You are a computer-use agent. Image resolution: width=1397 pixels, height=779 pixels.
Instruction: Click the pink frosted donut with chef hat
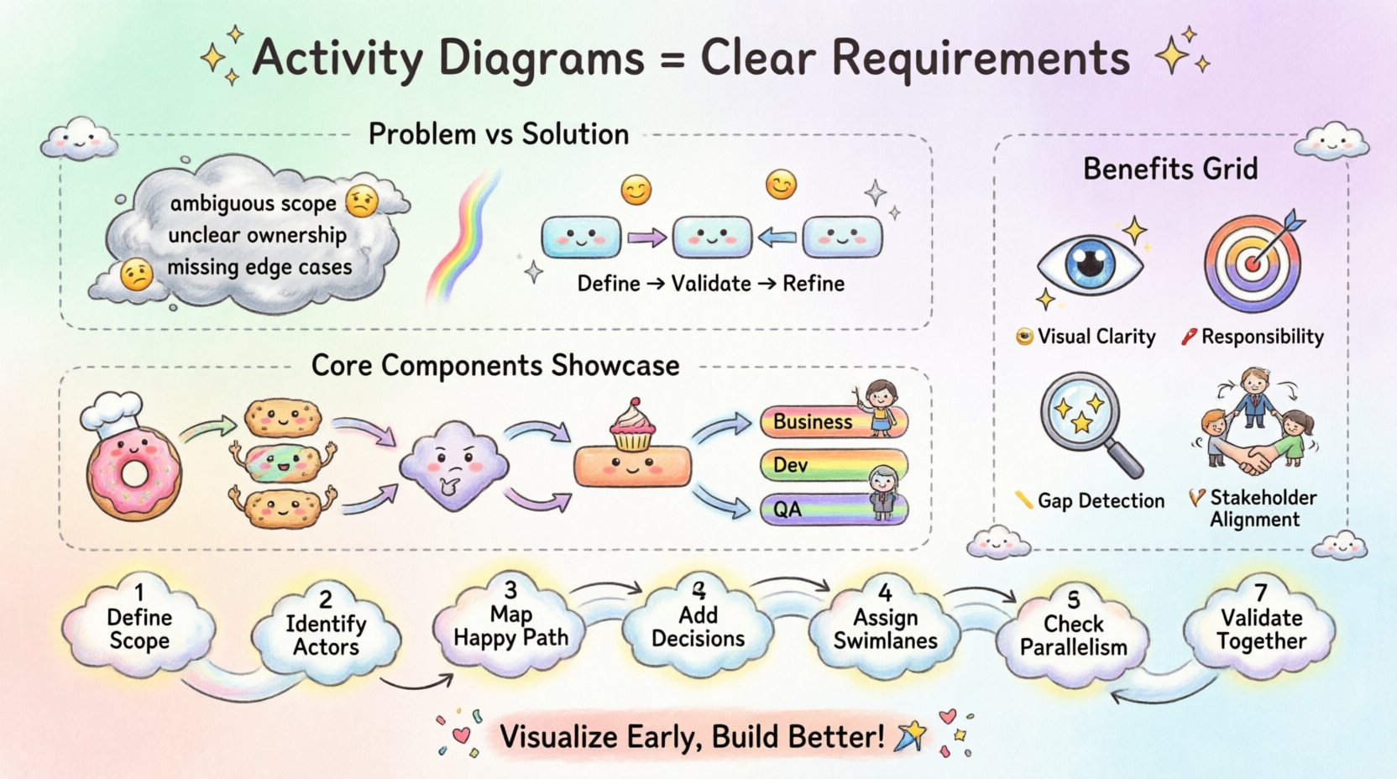pos(133,470)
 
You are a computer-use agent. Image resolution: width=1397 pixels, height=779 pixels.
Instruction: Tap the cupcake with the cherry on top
pos(632,426)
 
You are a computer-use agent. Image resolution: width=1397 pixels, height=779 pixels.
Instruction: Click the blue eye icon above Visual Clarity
pos(1090,264)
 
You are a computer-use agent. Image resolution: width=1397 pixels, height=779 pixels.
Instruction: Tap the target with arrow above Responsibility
pos(1253,264)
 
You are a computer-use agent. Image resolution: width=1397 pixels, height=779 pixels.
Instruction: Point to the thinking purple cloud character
pos(453,467)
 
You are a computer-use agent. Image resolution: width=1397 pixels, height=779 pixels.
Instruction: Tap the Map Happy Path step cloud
pos(510,626)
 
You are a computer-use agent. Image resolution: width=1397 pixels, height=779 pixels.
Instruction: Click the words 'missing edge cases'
pos(259,268)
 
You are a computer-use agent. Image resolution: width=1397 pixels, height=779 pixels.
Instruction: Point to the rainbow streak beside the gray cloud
pos(463,235)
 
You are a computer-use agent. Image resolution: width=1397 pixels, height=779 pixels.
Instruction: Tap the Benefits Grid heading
pos(1170,169)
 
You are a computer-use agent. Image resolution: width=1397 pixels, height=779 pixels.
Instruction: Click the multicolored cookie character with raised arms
pos(283,460)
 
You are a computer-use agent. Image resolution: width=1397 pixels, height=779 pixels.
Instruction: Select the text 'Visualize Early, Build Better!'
pos(692,737)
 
